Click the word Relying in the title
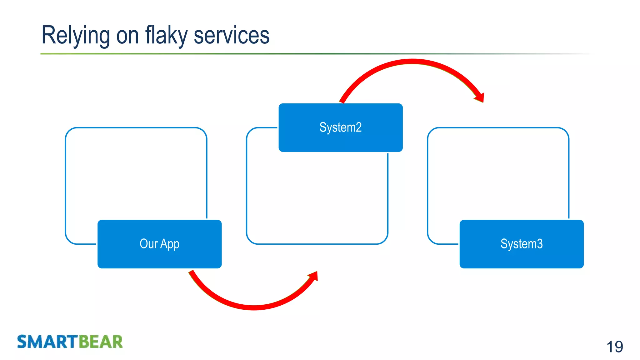[75, 35]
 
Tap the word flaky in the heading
[166, 35]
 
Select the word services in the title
[232, 35]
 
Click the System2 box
[340, 127]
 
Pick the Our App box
[159, 244]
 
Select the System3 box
[521, 244]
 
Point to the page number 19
[614, 347]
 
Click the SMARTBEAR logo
[70, 341]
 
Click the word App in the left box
[170, 244]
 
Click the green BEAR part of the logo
[100, 341]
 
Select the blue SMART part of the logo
[47, 341]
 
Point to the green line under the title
[219, 54]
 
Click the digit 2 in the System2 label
[359, 127]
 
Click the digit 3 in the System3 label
[540, 244]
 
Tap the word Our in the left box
[148, 244]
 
